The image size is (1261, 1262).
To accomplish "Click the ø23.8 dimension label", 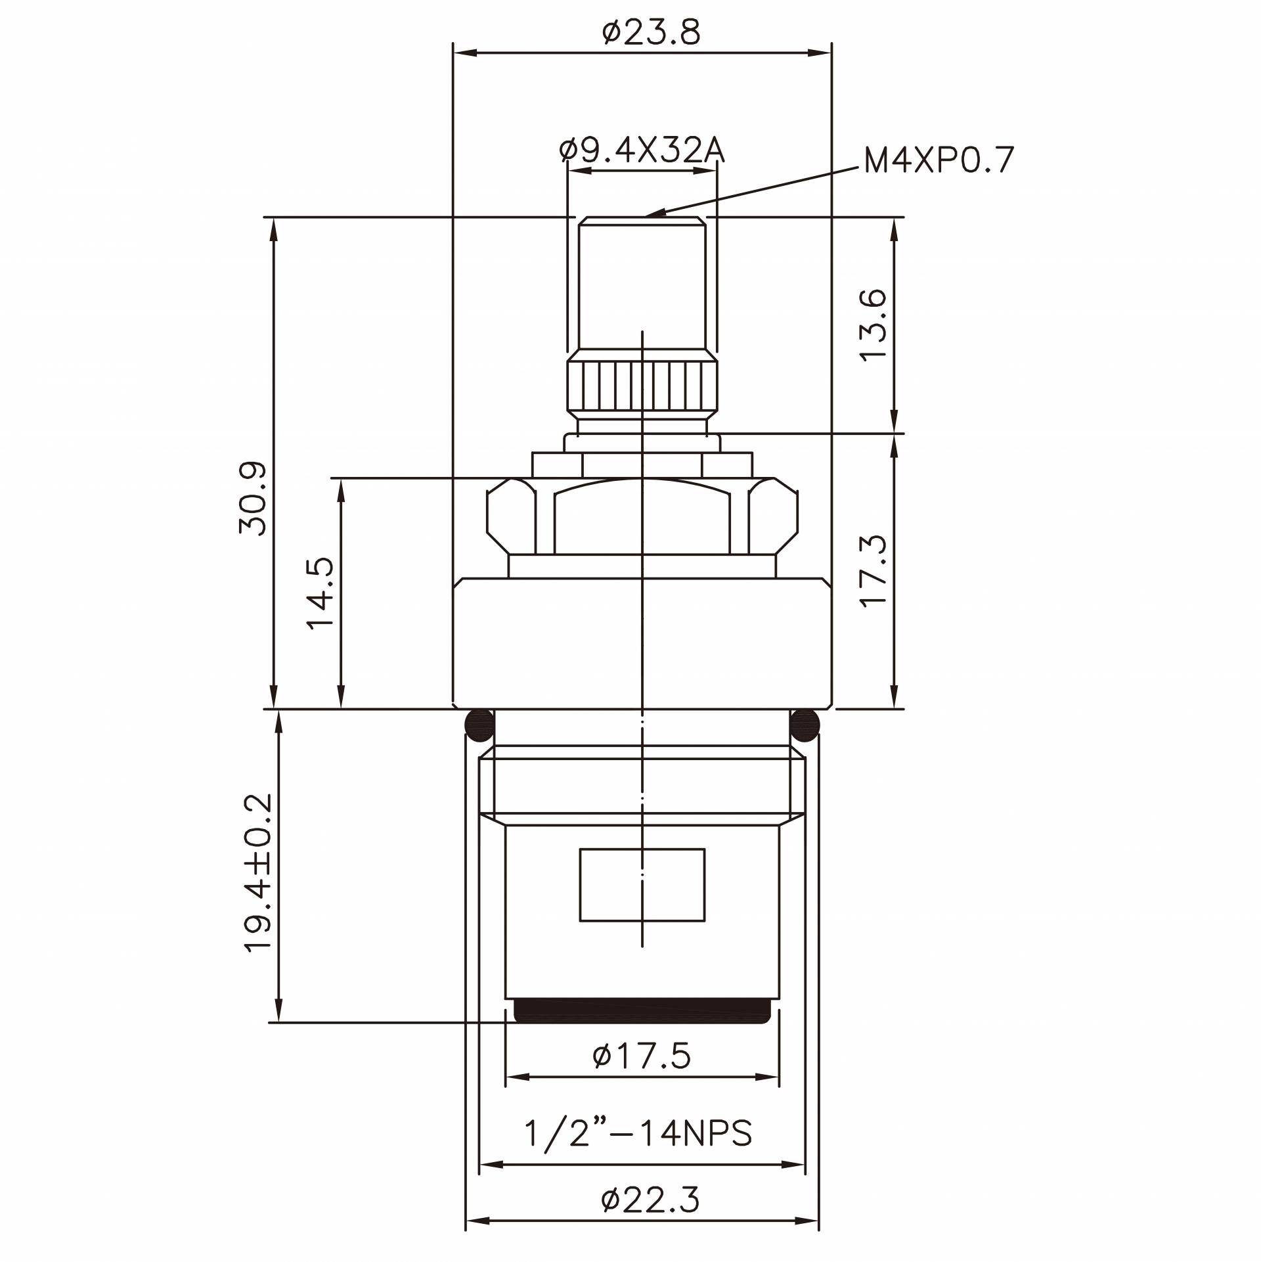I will click(652, 33).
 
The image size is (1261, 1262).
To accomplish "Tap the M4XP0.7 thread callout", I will click(939, 160).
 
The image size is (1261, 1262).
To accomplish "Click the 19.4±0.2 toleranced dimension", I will click(257, 872).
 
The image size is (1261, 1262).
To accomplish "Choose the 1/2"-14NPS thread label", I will click(638, 1133).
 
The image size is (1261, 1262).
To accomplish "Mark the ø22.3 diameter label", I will click(650, 1201).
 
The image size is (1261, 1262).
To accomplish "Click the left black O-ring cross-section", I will click(479, 725).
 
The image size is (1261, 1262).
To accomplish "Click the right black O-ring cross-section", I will click(805, 725).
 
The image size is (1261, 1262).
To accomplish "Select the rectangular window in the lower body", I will click(642, 885).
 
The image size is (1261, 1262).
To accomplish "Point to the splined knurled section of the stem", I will click(642, 386).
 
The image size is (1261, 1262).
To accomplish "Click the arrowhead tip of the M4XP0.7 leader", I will click(648, 215).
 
